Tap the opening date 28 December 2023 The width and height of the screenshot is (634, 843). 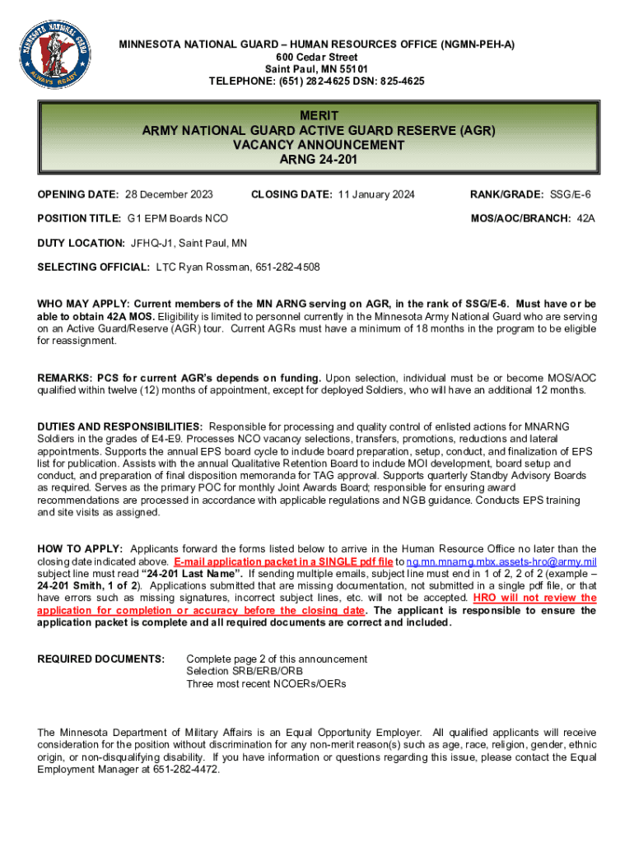(x=169, y=194)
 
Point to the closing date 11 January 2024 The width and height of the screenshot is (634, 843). (x=378, y=194)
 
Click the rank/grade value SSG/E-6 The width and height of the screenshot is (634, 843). (x=571, y=194)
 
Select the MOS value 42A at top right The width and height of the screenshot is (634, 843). (x=586, y=218)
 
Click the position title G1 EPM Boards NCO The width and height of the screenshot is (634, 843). (x=178, y=218)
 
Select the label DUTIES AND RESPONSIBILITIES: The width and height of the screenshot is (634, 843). (x=120, y=426)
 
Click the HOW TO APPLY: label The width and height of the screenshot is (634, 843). (x=81, y=549)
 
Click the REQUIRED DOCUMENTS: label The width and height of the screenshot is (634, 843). (x=101, y=659)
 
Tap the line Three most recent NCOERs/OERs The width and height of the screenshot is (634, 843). (x=266, y=684)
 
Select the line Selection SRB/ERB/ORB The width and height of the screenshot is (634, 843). (x=245, y=672)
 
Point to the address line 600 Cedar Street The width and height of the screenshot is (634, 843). (x=317, y=57)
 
